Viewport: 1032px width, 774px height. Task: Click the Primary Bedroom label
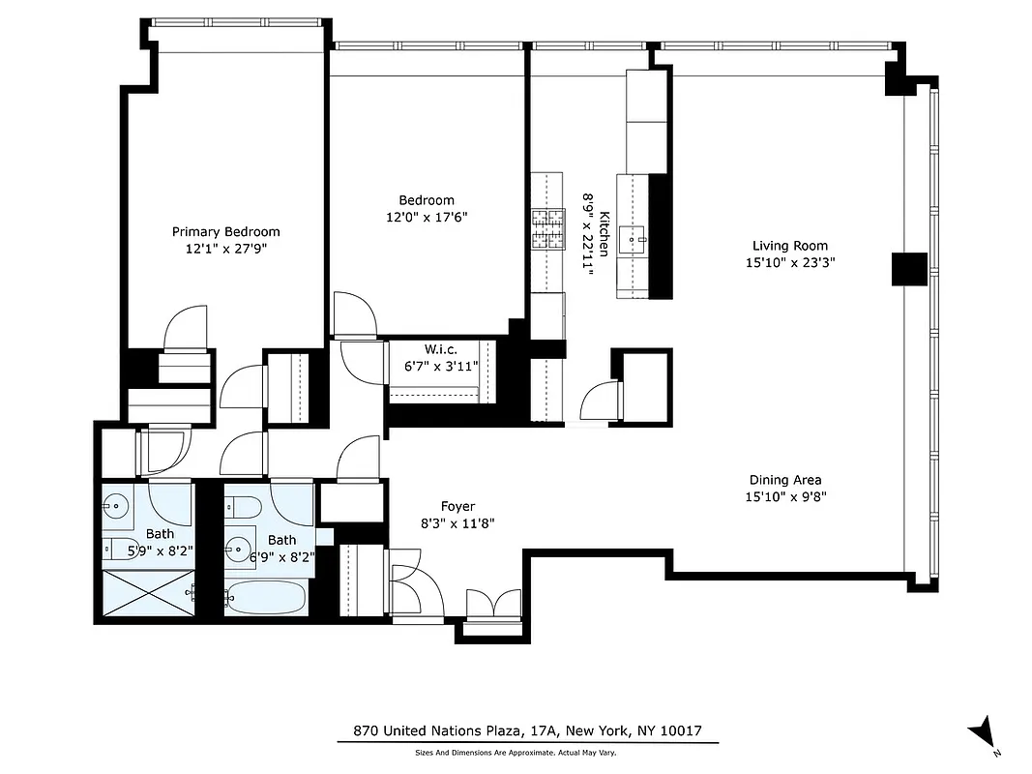[x=225, y=231]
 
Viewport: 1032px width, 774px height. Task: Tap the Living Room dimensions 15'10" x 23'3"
[x=789, y=261]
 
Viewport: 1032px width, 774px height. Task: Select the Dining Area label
[x=785, y=480]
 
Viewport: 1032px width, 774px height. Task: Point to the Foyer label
[x=457, y=506]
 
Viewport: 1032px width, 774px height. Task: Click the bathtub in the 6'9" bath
[x=266, y=596]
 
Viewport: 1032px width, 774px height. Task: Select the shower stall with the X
[x=147, y=594]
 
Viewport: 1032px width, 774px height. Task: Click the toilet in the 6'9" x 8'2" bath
[x=246, y=507]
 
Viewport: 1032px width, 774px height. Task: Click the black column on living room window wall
[x=908, y=268]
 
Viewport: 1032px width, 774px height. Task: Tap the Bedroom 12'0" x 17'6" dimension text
[x=427, y=218]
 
